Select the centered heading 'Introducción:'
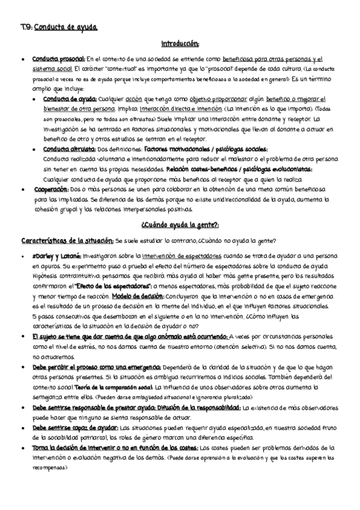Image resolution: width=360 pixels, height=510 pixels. [180, 44]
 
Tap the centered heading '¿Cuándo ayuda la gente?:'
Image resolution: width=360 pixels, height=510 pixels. [180, 225]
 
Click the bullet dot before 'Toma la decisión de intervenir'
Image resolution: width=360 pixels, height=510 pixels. [22, 448]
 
